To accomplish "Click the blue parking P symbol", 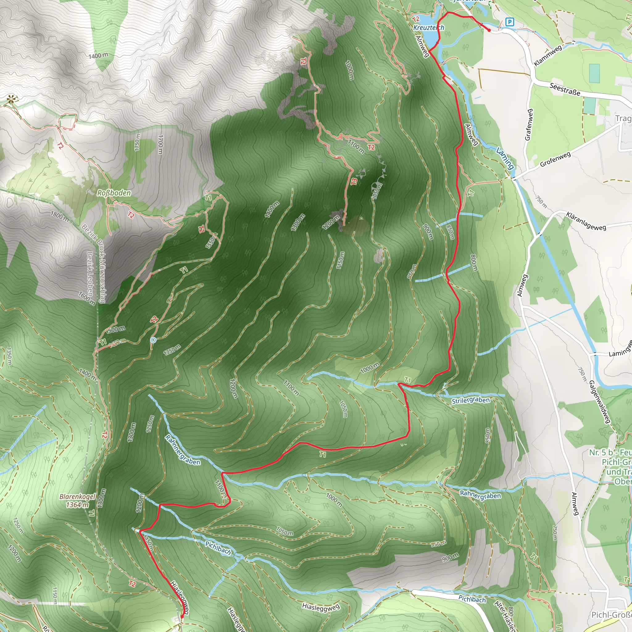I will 509,22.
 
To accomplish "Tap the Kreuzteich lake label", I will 429,28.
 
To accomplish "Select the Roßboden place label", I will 114,193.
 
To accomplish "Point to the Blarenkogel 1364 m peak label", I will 77,501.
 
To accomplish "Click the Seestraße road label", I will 565,89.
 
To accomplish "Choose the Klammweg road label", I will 548,55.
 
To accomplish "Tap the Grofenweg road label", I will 555,159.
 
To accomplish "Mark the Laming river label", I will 505,158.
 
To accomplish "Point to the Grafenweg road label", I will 529,125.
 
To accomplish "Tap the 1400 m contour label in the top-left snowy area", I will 98,56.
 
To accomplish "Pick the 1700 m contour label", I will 160,144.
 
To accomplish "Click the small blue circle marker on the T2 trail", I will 153,340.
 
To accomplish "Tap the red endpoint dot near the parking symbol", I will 489,31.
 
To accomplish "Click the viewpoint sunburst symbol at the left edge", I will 12,98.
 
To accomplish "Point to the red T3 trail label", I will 354,181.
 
